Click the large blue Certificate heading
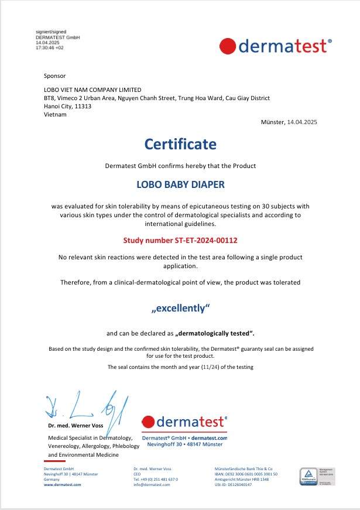click(180, 143)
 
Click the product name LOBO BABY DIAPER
click(180, 184)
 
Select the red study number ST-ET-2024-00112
click(180, 240)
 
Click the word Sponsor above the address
click(55, 76)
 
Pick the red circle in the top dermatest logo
click(228, 45)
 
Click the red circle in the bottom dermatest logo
click(148, 422)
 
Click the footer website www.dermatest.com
click(63, 485)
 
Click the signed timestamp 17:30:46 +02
click(50, 47)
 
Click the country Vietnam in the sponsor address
click(56, 114)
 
